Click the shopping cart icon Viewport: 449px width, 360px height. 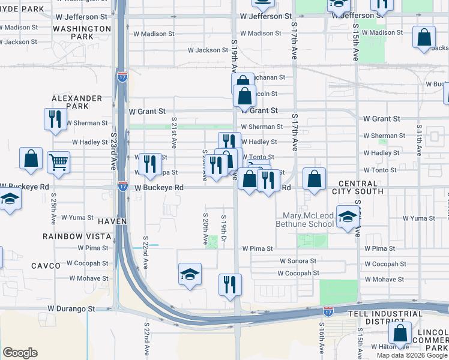click(x=58, y=161)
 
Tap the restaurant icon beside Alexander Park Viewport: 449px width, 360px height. click(x=55, y=118)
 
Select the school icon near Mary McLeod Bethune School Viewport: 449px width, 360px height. click(x=347, y=217)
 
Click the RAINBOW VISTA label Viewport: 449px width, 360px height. click(x=76, y=236)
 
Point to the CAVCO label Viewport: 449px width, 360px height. click(x=46, y=265)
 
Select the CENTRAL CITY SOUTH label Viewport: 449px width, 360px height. click(x=361, y=187)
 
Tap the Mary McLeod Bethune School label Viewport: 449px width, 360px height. click(x=304, y=220)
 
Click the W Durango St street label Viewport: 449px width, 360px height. click(x=71, y=308)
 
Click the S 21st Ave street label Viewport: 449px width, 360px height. click(x=173, y=133)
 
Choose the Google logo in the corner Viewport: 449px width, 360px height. click(x=20, y=353)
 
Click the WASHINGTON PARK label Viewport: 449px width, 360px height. click(x=82, y=33)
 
